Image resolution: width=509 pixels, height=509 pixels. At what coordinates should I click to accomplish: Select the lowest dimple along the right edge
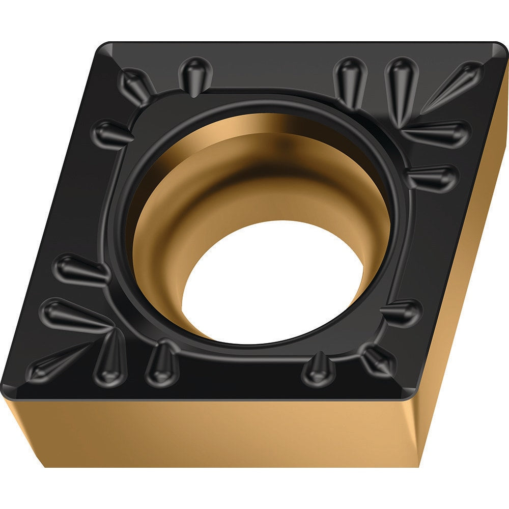click(x=402, y=312)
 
